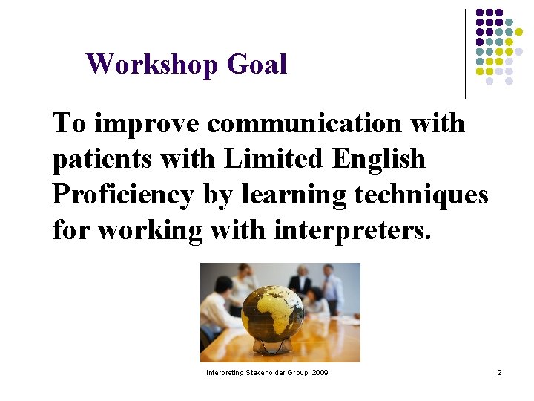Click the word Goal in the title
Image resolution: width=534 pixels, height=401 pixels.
257,65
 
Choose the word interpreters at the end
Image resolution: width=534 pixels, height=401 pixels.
352,230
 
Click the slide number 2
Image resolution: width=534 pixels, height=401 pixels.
499,372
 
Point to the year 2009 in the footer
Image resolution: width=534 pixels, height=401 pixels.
320,372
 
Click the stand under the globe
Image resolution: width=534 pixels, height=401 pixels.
271,346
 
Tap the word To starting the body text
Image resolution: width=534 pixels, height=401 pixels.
69,123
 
